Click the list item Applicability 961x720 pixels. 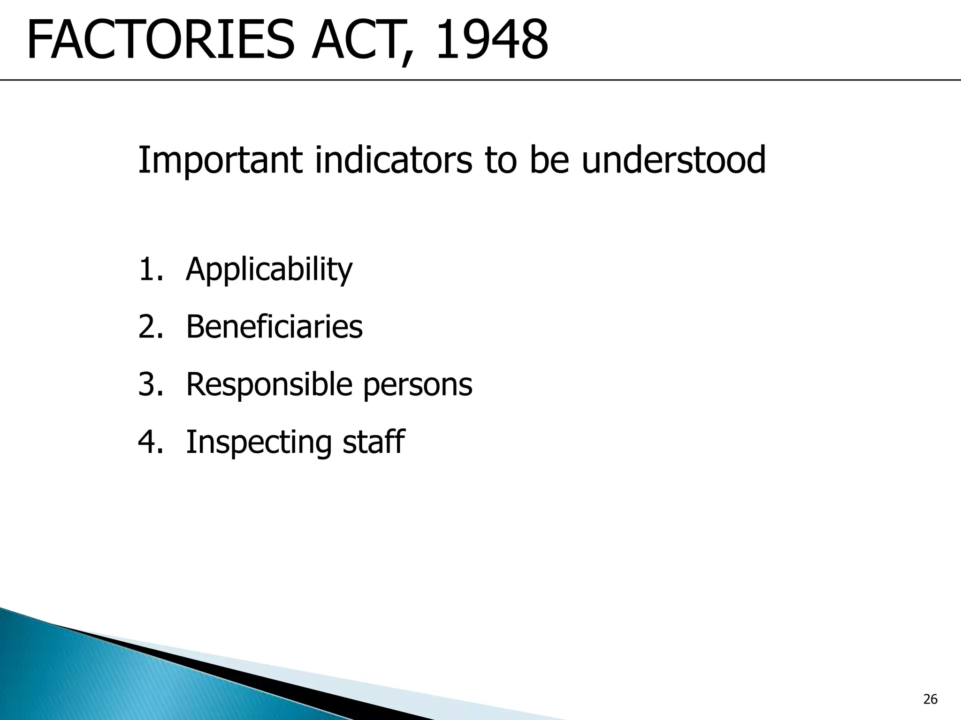click(x=269, y=270)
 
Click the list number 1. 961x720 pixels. click(x=147, y=270)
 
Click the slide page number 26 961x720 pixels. click(x=930, y=700)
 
